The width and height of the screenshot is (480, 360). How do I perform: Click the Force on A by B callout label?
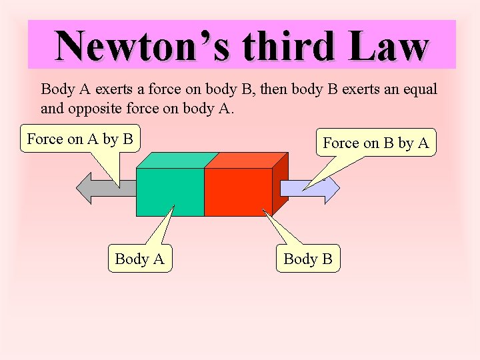pyautogui.click(x=80, y=139)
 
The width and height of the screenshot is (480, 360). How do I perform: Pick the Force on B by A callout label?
pyautogui.click(x=376, y=142)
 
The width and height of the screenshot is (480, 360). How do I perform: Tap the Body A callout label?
pyautogui.click(x=139, y=259)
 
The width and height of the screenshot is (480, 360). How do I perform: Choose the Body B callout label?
pyautogui.click(x=307, y=259)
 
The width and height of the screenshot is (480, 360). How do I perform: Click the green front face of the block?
pyautogui.click(x=169, y=192)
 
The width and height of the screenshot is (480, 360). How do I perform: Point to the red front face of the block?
pyautogui.click(x=238, y=192)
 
